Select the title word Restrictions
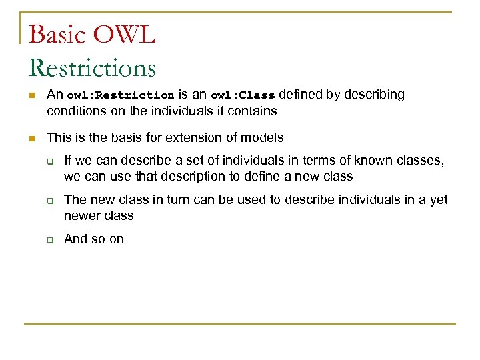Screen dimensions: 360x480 point(93,68)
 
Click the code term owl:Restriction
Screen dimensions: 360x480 point(121,95)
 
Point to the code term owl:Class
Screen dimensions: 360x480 point(243,95)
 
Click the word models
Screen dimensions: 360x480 point(262,138)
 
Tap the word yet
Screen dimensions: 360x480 point(439,200)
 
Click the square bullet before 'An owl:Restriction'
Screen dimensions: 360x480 point(31,96)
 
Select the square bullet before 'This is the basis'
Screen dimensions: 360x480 point(31,139)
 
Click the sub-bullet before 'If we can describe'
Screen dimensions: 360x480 point(49,161)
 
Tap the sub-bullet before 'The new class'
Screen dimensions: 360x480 point(49,201)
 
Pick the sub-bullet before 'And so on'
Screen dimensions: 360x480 point(49,240)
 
